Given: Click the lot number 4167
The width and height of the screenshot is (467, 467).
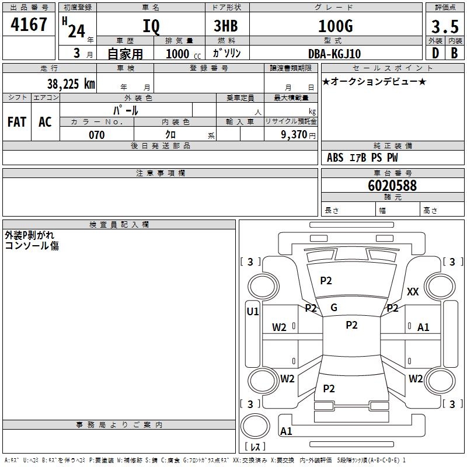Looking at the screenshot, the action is tap(29, 25).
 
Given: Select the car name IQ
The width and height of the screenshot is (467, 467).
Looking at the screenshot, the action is tap(150, 27).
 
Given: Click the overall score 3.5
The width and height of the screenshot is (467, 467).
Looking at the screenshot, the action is tap(444, 27).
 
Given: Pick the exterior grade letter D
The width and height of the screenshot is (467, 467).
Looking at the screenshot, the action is tap(435, 53).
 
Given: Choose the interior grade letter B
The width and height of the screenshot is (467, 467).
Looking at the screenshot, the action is tap(454, 53).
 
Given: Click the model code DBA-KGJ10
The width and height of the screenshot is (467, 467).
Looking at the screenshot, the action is tap(334, 54).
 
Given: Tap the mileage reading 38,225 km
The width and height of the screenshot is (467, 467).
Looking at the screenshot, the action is tap(71, 84).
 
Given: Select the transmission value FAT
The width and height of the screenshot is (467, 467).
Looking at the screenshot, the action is tap(16, 122).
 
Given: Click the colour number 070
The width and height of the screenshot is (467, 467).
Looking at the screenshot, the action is tap(96, 135).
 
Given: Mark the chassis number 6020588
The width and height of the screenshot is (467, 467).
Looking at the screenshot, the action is tap(392, 186).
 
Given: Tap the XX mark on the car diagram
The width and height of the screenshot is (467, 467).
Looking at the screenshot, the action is tap(413, 292).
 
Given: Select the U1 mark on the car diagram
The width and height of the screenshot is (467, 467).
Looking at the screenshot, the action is tap(253, 312).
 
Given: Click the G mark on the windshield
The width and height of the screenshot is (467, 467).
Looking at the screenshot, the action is tap(334, 308).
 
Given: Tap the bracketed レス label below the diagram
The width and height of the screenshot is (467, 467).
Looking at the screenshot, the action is tap(255, 447).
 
